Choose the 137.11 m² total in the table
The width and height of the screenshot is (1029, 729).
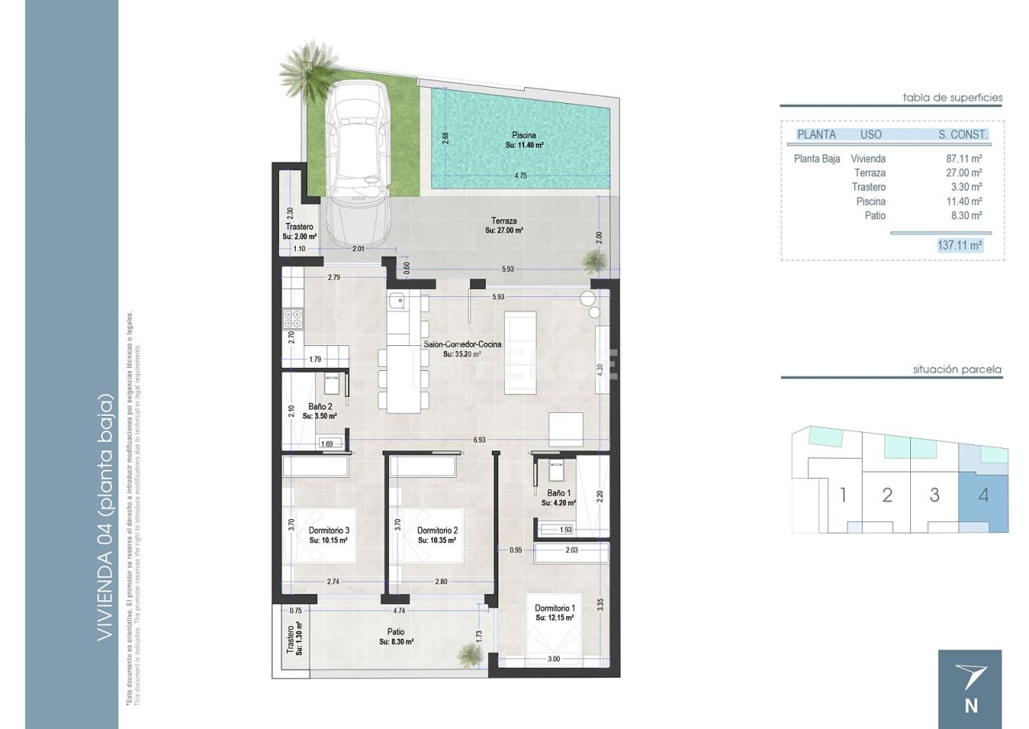960,245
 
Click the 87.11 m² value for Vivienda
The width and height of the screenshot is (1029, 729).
964,159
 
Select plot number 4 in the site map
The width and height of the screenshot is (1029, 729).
983,495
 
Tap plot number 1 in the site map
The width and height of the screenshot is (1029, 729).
842,495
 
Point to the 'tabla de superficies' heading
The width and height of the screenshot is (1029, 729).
953,97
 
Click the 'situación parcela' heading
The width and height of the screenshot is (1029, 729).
957,370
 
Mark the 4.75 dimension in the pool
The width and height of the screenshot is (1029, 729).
519,175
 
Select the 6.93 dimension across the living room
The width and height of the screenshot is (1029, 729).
479,440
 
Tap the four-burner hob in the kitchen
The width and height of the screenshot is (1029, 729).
293,319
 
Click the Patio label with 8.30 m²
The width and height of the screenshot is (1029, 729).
396,636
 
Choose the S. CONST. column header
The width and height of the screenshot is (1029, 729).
962,135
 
